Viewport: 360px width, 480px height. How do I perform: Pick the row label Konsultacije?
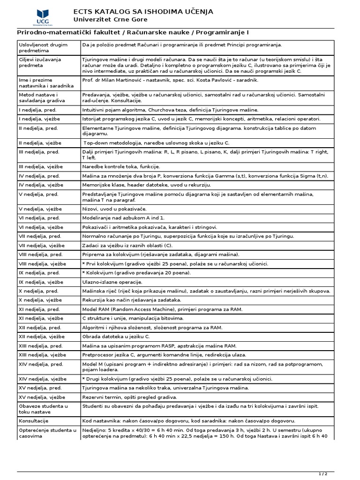tap(34, 421)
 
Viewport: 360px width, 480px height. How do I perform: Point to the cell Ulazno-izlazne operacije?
tap(112, 282)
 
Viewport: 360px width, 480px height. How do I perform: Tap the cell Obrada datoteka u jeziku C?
tap(116, 337)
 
